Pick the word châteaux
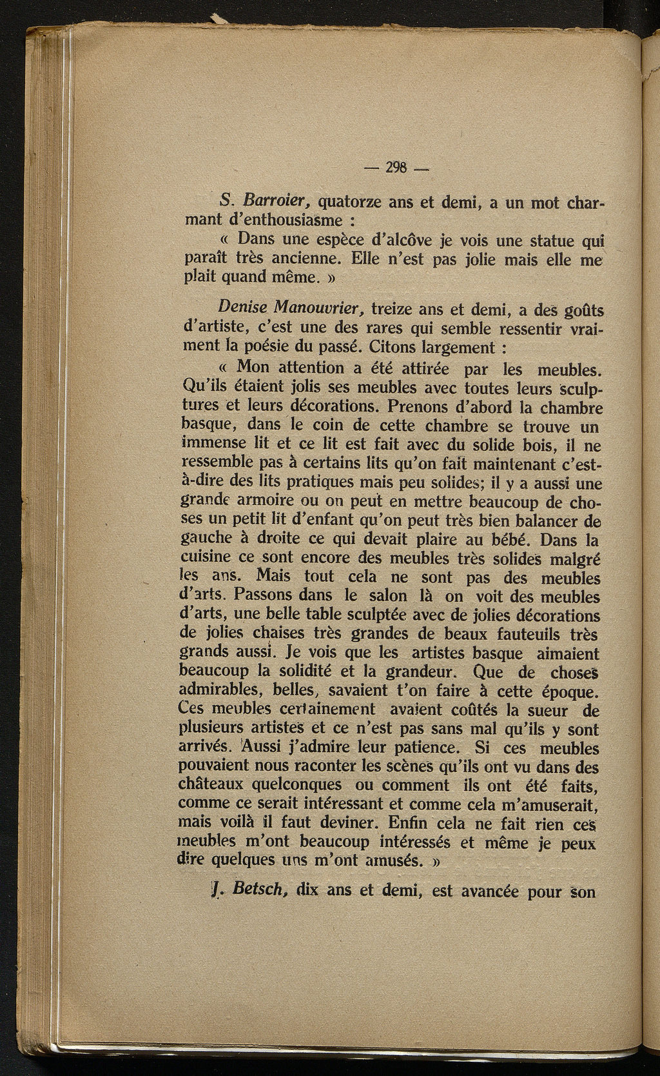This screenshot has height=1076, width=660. tap(214, 785)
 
